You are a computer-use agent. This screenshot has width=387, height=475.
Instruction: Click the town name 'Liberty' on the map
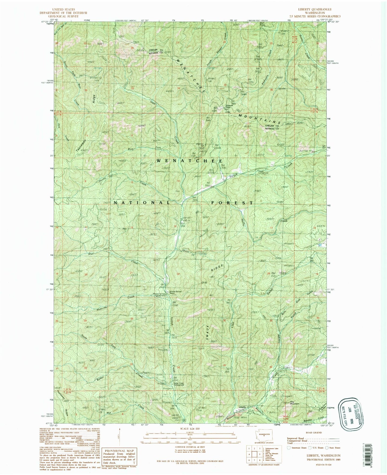(x=242, y=407)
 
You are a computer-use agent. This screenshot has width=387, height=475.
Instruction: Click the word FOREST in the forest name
(x=232, y=203)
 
